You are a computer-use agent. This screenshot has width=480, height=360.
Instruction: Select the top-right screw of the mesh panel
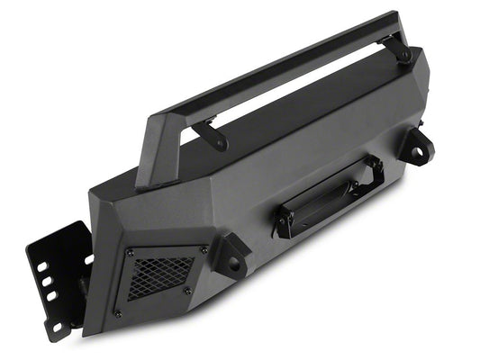204,249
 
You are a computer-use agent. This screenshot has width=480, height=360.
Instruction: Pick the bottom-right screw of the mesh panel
187,291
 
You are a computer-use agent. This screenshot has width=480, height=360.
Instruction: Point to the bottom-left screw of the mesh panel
118,313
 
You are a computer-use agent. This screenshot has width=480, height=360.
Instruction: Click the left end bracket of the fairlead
285,223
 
